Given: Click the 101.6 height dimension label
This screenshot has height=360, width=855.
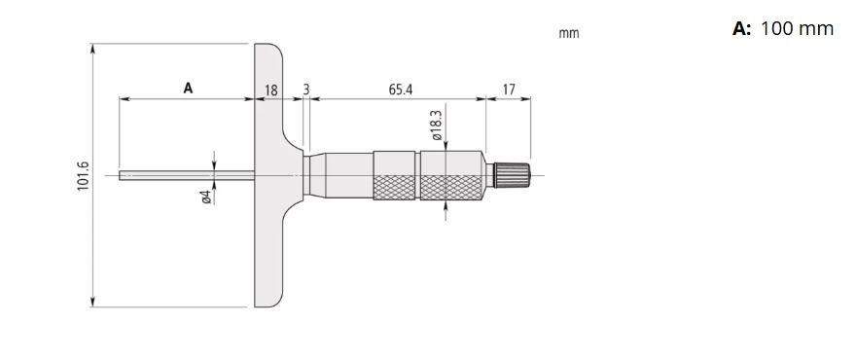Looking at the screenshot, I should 83,176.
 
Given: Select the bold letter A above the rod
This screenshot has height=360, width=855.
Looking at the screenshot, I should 188,89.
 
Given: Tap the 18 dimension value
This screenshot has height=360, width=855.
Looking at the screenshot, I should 271,90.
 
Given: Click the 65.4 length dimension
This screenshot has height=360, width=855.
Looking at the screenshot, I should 400,90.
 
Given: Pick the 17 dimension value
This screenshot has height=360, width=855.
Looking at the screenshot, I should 508,90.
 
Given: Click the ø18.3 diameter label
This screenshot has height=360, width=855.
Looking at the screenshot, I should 437,126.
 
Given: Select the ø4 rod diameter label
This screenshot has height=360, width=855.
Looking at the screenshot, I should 206,197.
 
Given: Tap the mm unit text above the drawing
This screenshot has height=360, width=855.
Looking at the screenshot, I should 569,33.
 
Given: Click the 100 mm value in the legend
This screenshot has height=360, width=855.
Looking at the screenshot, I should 797,29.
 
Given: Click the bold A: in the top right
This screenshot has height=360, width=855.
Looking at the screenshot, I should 742,29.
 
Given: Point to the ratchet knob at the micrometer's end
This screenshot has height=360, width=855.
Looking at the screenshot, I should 512,175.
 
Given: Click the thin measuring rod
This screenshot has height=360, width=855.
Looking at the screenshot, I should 185,176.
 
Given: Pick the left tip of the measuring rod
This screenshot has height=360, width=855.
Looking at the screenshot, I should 121,176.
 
